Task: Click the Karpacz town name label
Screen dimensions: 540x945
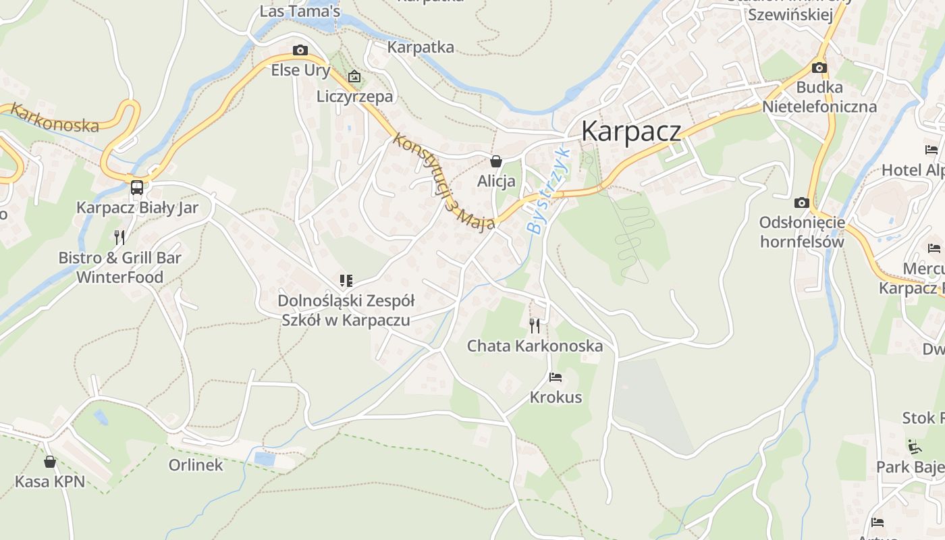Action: (630, 130)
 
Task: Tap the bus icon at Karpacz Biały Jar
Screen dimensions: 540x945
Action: (137, 188)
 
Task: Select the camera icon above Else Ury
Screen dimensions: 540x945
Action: (300, 50)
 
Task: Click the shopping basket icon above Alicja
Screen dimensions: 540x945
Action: (496, 161)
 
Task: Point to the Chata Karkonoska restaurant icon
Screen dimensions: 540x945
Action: (535, 326)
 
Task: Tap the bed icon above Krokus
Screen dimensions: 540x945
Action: (556, 377)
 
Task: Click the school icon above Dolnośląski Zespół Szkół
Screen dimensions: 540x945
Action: (346, 281)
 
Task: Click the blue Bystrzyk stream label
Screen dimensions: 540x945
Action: (547, 190)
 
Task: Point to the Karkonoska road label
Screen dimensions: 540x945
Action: (55, 118)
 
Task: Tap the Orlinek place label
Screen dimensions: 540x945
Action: (196, 465)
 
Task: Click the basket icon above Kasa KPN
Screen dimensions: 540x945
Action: (50, 462)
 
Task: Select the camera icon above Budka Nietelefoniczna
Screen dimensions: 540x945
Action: (819, 67)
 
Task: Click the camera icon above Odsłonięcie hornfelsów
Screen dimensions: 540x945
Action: (802, 202)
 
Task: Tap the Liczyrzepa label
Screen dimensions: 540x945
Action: (354, 97)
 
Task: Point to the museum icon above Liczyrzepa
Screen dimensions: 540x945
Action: (354, 77)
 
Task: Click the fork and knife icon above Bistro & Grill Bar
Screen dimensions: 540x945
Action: (119, 237)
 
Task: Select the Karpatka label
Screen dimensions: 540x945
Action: (421, 47)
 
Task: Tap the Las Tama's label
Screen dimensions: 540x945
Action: (300, 11)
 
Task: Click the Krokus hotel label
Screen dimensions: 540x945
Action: (556, 397)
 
